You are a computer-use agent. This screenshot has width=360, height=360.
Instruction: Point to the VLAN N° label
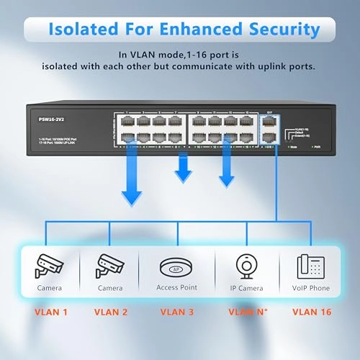tap(246, 312)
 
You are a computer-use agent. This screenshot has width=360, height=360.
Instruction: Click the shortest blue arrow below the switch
tap(184, 170)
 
